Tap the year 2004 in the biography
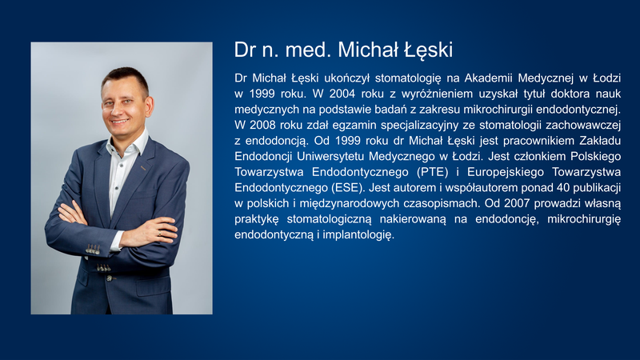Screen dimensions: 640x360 click(x=342, y=94)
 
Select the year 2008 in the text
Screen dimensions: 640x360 click(x=262, y=125)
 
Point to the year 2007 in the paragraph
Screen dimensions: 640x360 click(x=516, y=203)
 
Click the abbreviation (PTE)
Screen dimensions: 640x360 click(x=433, y=172)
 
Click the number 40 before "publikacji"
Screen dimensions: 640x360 click(x=562, y=188)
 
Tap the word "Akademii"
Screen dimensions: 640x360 click(x=488, y=78)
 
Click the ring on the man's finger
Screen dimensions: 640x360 click(x=159, y=234)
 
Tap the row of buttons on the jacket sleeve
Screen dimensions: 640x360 click(x=93, y=249)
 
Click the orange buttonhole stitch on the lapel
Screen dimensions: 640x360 click(x=143, y=168)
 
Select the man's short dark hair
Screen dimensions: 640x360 click(x=126, y=78)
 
